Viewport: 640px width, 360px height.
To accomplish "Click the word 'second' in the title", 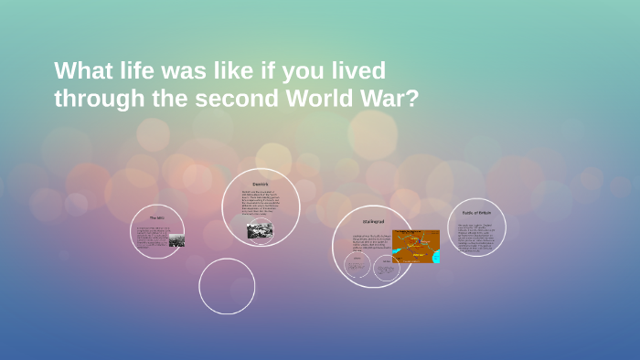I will pos(221,98).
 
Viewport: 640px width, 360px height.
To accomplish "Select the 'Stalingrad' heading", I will pos(373,221).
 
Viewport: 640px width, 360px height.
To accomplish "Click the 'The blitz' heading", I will pos(157,218).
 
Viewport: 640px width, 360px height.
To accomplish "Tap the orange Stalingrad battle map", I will pos(416,246).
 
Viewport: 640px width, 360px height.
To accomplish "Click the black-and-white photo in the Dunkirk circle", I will pos(260,231).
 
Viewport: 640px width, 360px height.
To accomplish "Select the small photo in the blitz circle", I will pos(176,241).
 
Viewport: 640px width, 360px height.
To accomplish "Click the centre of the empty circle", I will pos(227,286).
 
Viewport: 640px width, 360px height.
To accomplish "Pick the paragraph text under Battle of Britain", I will pos(476,237).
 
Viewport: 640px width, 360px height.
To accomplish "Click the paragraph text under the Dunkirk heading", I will pos(260,206).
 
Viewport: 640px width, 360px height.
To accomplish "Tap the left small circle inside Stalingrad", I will pos(357,265).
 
